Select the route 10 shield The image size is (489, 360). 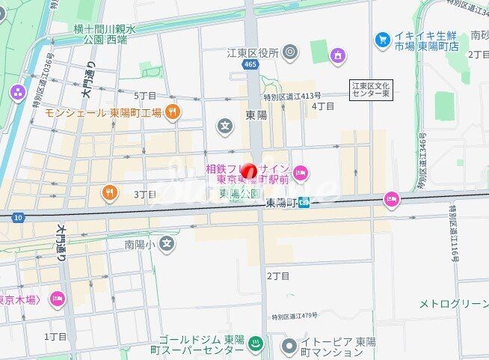tap(17, 217)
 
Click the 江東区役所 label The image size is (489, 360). tap(253, 53)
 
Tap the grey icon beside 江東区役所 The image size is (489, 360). tap(291, 52)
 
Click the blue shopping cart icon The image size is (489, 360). tap(383, 37)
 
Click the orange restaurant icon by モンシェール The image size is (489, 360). tap(173, 112)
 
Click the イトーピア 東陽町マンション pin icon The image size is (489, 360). tap(290, 346)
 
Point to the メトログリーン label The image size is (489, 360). tap(453, 303)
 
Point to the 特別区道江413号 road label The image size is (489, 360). tap(292, 96)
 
